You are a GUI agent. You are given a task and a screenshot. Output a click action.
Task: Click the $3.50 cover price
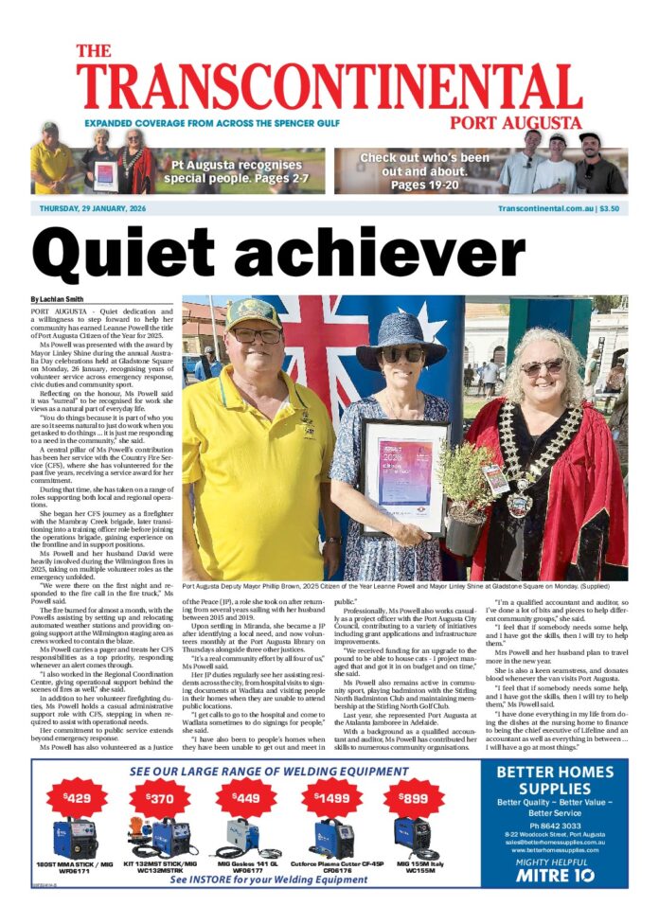coord(610,208)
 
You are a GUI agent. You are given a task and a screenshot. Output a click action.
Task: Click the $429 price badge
coord(76,796)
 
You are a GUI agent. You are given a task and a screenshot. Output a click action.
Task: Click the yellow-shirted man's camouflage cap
coord(253,313)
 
